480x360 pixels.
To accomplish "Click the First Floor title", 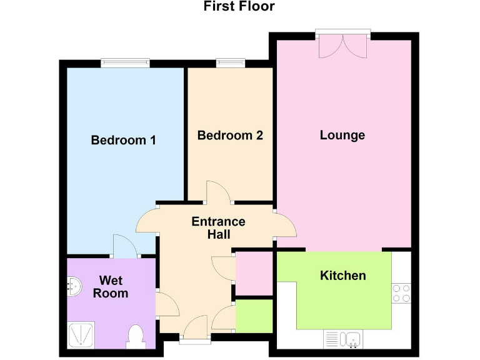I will (x=239, y=7).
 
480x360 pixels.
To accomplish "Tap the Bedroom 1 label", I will (x=123, y=140).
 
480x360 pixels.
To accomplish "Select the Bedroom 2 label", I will (x=230, y=135).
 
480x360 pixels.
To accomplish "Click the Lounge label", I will (x=342, y=135).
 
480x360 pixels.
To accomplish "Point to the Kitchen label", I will (x=342, y=276).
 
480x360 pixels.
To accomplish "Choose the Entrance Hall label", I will (x=218, y=227).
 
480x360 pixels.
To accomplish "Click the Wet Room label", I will (x=111, y=287).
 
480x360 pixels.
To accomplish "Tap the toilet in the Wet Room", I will (x=136, y=337).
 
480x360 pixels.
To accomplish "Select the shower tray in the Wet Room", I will (x=82, y=336).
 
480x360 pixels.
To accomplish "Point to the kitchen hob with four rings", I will (x=401, y=293).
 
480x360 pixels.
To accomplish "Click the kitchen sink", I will (x=352, y=339).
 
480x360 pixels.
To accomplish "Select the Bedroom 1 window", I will (x=126, y=62).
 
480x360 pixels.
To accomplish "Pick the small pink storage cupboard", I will (x=254, y=272).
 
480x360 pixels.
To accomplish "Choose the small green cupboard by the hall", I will (x=254, y=316).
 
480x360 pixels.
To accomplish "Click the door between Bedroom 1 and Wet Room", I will (x=124, y=247).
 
